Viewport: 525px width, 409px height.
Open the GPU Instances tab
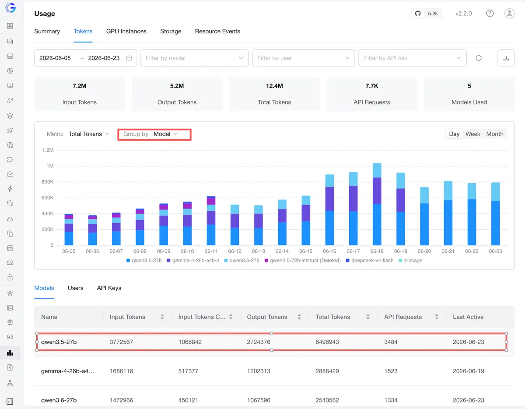point(126,31)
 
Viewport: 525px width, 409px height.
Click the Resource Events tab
point(217,31)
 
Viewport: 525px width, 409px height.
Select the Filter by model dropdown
point(195,58)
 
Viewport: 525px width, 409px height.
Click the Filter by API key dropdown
point(413,58)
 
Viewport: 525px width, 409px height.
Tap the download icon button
point(506,58)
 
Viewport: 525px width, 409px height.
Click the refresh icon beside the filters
point(479,58)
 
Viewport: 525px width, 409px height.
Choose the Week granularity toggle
point(472,134)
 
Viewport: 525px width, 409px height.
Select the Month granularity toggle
point(495,134)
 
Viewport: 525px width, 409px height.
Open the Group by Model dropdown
point(154,134)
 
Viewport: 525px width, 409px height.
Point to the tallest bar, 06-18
point(377,204)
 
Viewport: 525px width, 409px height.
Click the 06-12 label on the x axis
point(234,251)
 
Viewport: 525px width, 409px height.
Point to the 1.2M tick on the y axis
point(48,150)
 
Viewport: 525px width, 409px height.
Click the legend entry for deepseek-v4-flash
point(370,260)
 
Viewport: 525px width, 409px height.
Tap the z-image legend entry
point(410,260)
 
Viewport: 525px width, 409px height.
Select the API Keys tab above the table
point(109,288)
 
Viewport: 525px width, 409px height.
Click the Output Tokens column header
point(267,317)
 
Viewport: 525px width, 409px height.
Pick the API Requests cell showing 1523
point(391,371)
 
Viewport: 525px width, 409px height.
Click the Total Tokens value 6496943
point(327,342)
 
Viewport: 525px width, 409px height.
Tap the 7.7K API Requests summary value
point(371,86)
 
